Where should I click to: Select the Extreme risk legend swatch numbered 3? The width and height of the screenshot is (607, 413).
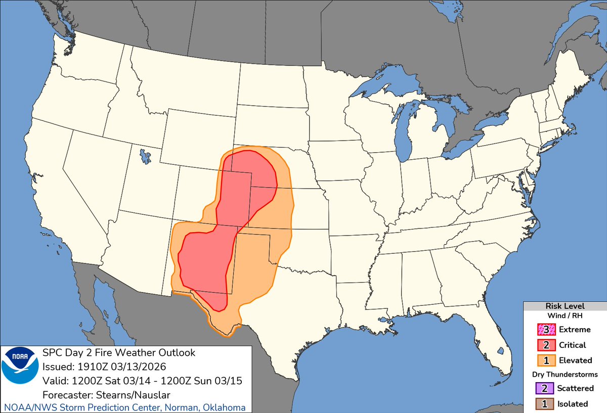pyautogui.click(x=545, y=330)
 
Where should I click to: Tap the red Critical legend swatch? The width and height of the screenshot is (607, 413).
pyautogui.click(x=545, y=345)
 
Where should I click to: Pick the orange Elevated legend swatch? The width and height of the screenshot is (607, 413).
pyautogui.click(x=545, y=360)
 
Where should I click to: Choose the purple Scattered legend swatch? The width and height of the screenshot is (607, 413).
pyautogui.click(x=545, y=388)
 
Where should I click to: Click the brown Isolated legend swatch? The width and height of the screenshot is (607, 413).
pyautogui.click(x=545, y=404)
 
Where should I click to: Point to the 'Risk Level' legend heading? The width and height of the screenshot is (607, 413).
pyautogui.click(x=565, y=306)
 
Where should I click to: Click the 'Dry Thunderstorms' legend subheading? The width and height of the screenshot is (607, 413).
pyautogui.click(x=565, y=375)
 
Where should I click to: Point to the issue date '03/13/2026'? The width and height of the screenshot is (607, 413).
pyautogui.click(x=132, y=365)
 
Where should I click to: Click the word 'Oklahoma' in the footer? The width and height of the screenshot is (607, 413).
pyautogui.click(x=223, y=407)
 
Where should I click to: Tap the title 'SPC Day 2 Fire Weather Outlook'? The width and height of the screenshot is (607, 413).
pyautogui.click(x=119, y=352)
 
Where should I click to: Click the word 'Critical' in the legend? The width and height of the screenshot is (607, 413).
pyautogui.click(x=572, y=345)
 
